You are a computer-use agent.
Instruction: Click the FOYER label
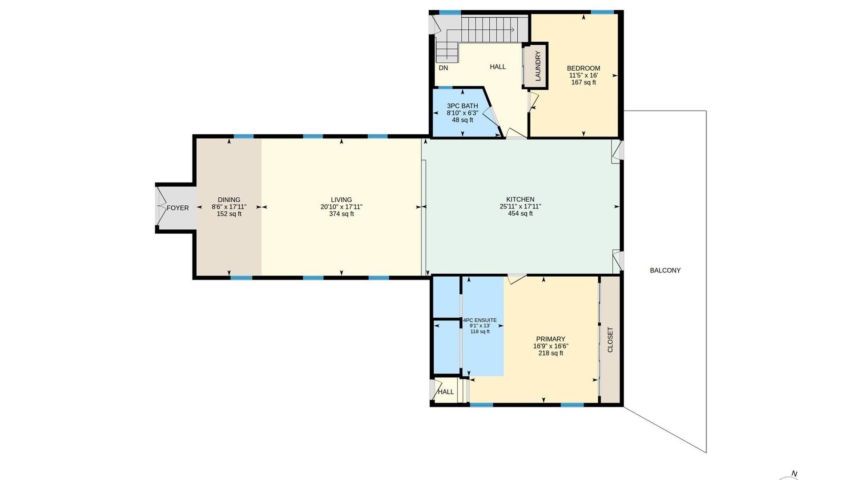[x=177, y=208]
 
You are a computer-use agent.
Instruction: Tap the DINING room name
[x=229, y=200]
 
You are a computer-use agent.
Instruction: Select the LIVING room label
[x=342, y=200]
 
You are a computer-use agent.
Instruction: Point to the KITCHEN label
[x=520, y=200]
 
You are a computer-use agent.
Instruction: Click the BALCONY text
[x=665, y=270]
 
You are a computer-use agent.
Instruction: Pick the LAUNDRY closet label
[x=538, y=66]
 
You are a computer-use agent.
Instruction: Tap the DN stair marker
[x=443, y=68]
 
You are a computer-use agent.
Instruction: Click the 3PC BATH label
[x=463, y=106]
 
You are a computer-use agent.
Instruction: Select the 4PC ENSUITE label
[x=480, y=320]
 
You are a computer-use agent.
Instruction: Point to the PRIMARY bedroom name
[x=551, y=339]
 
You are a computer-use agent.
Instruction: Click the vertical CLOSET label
[x=610, y=340]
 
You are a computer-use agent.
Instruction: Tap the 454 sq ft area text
[x=520, y=214]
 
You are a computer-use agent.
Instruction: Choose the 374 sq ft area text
[x=342, y=214]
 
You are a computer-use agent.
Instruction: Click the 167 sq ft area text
[x=584, y=83]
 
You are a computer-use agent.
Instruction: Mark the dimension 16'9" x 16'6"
[x=551, y=346]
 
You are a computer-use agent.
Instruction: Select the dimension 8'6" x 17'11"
[x=229, y=207]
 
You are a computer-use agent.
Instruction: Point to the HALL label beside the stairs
[x=498, y=67]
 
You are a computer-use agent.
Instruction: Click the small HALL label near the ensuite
[x=446, y=392]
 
